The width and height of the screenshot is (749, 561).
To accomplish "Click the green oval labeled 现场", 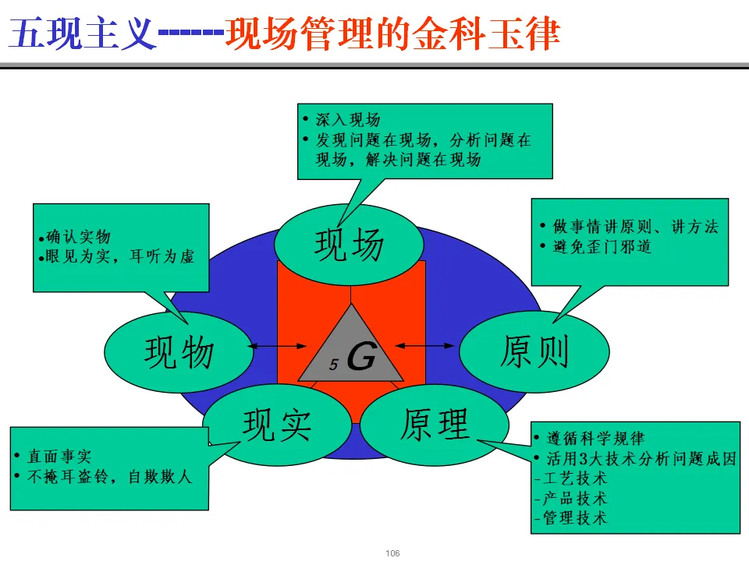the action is tap(349, 245).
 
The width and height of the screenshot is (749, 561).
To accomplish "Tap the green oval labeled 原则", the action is tap(534, 351).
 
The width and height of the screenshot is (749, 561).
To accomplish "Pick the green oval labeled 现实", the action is tap(277, 424).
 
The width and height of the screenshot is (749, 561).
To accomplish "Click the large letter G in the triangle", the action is tap(360, 358).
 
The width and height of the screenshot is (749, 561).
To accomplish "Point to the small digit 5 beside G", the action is tap(333, 364).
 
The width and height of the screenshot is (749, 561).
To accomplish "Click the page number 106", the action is tap(392, 553).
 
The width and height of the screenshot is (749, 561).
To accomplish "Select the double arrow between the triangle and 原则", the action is tap(426, 344).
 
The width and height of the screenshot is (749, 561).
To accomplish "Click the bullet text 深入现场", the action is tap(347, 120).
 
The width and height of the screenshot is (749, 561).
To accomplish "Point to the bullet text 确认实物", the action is tap(77, 237).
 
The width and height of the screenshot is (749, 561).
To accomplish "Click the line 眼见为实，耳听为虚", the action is tap(119, 256).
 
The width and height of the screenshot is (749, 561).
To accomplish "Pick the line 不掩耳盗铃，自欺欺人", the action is tap(108, 476).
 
